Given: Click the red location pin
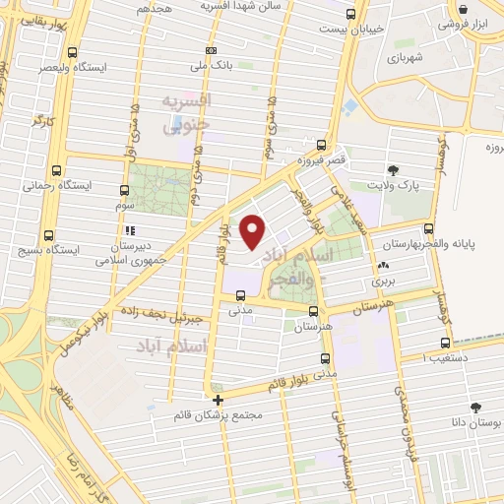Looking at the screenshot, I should (253, 230).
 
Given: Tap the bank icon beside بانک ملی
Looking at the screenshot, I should (210, 50).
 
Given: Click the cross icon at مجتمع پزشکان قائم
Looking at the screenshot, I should (218, 400).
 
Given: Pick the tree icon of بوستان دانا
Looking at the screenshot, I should (477, 407).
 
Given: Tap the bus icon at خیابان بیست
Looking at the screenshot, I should (352, 14).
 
